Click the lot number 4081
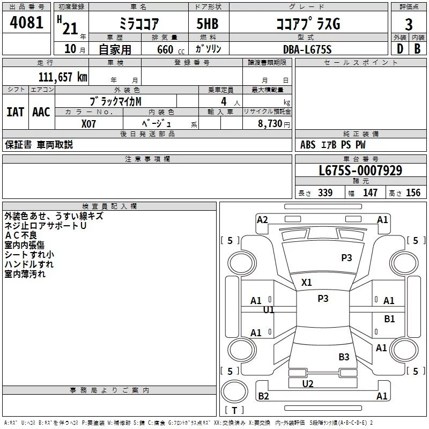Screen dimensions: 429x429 click(26, 23)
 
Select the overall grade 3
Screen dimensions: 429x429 click(409, 25)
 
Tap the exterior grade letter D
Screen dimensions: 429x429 click(400, 49)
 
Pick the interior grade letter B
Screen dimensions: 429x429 click(417, 49)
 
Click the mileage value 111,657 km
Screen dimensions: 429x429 click(63, 77)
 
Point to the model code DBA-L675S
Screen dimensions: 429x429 click(307, 49)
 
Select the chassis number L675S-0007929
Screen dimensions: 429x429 click(360, 171)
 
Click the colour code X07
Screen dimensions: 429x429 click(88, 124)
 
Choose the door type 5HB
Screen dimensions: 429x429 click(208, 24)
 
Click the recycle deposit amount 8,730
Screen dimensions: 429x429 click(270, 123)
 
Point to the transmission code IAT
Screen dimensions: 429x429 click(15, 112)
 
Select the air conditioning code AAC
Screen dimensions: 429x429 click(41, 112)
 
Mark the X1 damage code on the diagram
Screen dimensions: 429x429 click(306, 283)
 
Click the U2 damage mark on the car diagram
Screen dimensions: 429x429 click(308, 384)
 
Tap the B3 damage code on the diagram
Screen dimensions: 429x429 click(344, 357)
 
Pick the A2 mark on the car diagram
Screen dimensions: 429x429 click(262, 220)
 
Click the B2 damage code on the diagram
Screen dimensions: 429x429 click(263, 396)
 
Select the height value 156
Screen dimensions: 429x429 click(413, 193)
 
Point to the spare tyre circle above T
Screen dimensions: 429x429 click(234, 391)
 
